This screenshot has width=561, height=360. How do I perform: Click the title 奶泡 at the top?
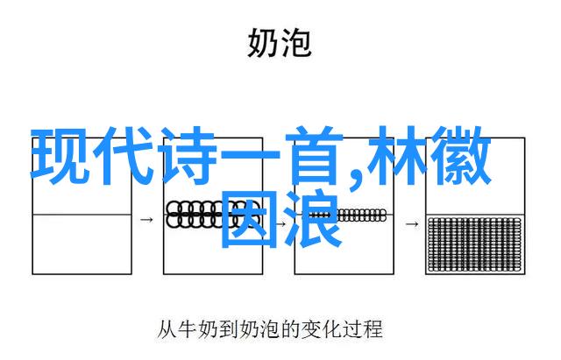click(279, 43)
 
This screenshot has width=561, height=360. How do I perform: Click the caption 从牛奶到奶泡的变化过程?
click(270, 329)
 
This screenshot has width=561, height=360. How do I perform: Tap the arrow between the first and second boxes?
click(146, 219)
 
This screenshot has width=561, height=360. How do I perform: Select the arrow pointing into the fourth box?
click(412, 224)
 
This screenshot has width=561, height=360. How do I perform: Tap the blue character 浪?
click(312, 220)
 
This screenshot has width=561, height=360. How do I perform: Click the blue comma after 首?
click(355, 180)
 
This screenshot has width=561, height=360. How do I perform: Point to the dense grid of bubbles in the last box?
click(475, 244)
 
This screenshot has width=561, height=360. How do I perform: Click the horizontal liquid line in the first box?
click(82, 215)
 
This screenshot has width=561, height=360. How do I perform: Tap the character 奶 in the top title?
click(263, 43)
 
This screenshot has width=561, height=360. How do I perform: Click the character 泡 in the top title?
click(296, 43)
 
